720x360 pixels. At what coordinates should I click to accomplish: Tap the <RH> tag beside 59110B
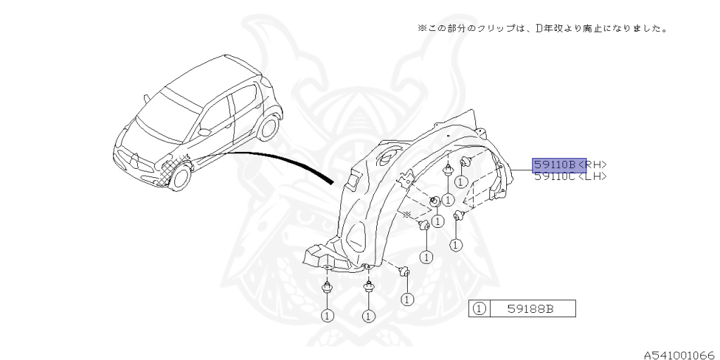591,165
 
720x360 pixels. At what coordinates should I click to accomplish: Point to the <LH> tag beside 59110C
591,176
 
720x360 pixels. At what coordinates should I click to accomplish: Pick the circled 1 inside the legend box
479,308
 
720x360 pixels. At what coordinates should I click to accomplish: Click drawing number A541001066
679,354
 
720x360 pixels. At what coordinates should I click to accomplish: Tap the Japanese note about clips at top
541,29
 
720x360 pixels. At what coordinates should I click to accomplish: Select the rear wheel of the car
268,128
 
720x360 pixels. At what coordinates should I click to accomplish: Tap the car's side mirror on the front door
204,131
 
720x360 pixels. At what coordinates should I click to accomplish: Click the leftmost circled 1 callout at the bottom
326,315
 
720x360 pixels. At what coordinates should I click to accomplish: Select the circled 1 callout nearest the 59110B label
461,181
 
